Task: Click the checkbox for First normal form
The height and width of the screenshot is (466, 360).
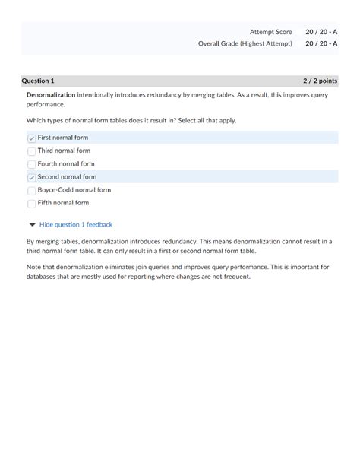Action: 32,138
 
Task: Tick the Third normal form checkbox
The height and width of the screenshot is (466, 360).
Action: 32,151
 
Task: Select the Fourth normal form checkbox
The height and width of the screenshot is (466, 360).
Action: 32,163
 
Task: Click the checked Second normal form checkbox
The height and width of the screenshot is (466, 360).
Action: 32,177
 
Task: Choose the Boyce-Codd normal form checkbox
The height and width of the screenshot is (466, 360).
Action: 32,190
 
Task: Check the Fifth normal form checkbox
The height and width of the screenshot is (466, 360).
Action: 32,203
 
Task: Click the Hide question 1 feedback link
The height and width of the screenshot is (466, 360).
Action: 75,224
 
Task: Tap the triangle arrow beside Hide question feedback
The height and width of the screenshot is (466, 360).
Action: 31,224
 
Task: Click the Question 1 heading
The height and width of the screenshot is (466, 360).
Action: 38,81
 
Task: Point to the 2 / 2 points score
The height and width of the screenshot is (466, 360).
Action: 320,81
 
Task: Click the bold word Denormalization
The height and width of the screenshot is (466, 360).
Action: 51,94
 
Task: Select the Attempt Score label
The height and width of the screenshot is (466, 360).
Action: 271,32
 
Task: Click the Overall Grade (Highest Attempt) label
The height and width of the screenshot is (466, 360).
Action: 245,43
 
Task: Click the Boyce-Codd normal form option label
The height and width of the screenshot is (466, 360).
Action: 74,190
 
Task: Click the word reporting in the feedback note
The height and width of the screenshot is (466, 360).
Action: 159,276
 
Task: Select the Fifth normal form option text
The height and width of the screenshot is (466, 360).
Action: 63,203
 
